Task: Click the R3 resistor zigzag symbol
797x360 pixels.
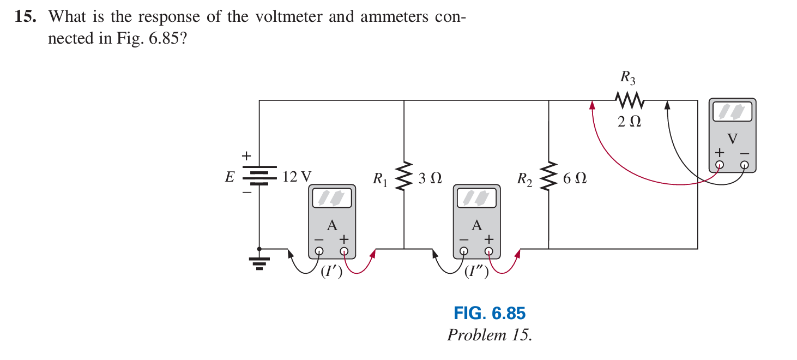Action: pyautogui.click(x=630, y=100)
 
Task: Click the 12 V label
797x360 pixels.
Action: pyautogui.click(x=297, y=177)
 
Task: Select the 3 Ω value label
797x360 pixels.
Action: pyautogui.click(x=430, y=178)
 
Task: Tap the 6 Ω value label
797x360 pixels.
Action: pyautogui.click(x=575, y=178)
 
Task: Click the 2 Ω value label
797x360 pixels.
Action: pyautogui.click(x=629, y=122)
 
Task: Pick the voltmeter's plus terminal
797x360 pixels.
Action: pyautogui.click(x=720, y=165)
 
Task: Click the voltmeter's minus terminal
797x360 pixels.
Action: pyautogui.click(x=745, y=165)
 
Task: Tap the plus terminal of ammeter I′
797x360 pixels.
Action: pyautogui.click(x=344, y=251)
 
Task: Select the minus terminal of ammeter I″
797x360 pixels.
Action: pyautogui.click(x=463, y=251)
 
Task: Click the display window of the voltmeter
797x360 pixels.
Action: pyautogui.click(x=732, y=112)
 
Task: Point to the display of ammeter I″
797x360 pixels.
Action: pyautogui.click(x=476, y=199)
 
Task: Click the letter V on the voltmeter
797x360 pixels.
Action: pyautogui.click(x=732, y=139)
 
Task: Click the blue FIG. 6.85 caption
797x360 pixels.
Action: pyautogui.click(x=489, y=314)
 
